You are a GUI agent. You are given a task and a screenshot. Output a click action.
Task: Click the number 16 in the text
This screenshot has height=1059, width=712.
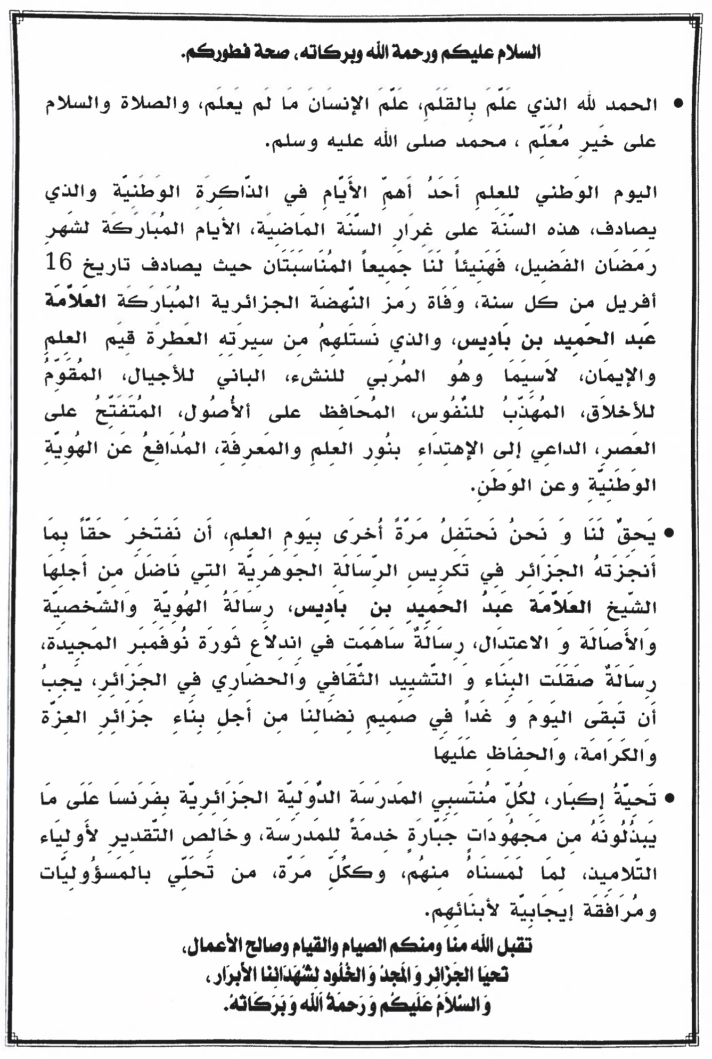click(x=59, y=262)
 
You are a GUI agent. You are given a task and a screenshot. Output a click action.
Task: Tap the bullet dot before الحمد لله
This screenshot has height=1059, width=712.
click(x=678, y=103)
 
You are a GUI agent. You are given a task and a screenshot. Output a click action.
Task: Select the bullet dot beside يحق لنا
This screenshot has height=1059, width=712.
click(x=669, y=533)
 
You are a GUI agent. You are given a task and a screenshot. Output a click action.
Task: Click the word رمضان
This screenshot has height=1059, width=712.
click(x=626, y=265)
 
